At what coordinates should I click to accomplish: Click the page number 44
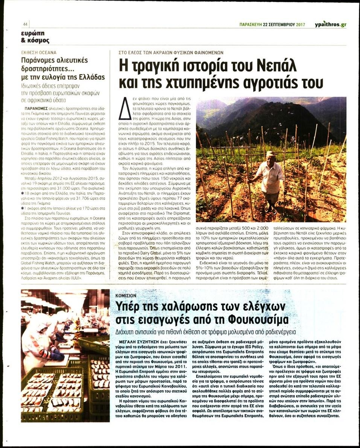pos(25,24)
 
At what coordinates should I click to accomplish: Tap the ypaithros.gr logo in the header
pos(330,24)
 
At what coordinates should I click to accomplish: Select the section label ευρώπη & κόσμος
pos(35,37)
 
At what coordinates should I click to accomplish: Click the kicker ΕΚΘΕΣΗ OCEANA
pos(38,52)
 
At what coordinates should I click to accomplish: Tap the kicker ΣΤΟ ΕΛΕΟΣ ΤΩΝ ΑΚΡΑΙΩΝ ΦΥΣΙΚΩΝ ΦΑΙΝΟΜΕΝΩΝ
pos(171,52)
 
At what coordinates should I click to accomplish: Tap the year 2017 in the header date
pos(301,24)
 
